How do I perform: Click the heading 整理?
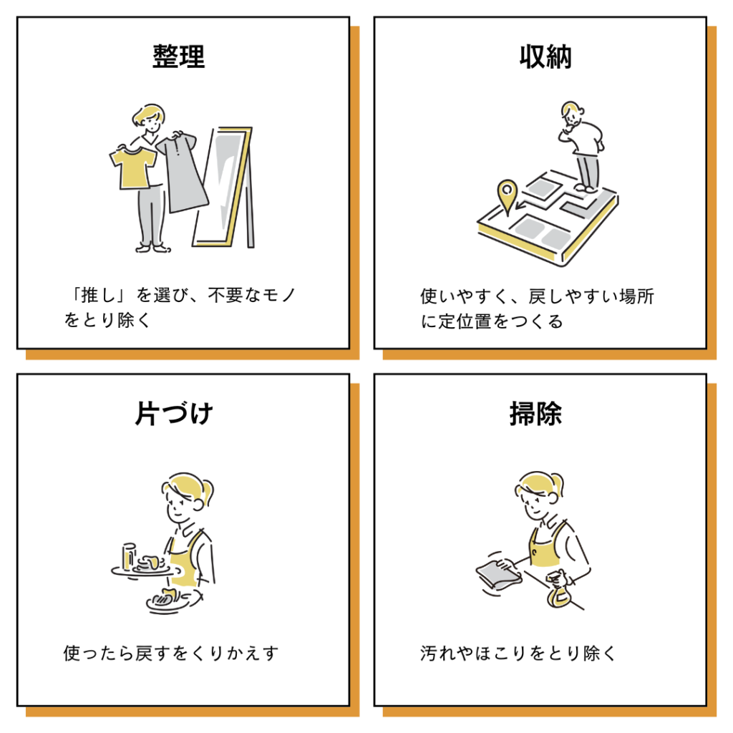pos(178,57)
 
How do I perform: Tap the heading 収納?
pos(545,57)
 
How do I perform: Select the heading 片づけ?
pos(174,413)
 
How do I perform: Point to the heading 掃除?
pos(535,413)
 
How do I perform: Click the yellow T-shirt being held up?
pos(132,168)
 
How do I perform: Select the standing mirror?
pos(223,187)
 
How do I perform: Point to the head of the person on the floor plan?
pos(572,113)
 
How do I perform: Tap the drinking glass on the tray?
pos(129,556)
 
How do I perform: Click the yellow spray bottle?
pos(558,591)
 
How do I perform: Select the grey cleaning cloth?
pos(498,573)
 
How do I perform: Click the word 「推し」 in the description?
pos(97,295)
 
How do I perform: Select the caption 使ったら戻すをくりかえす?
pos(170,653)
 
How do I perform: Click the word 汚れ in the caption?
pos(437,653)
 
